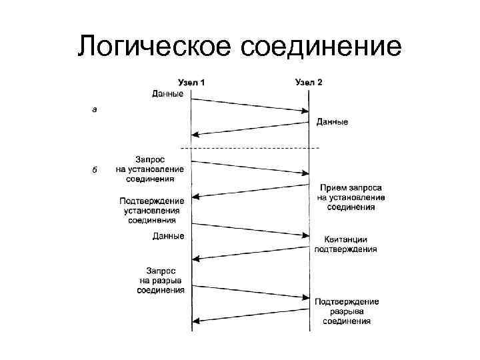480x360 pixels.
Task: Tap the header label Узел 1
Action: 191,83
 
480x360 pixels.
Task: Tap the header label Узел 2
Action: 309,83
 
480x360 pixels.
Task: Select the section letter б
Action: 94,169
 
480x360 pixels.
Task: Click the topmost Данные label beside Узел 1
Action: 168,94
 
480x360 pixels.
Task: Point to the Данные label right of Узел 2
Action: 331,122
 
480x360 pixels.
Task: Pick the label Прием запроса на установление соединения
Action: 351,197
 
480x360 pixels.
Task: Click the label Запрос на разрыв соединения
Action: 161,280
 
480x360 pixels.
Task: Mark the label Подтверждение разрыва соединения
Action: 347,311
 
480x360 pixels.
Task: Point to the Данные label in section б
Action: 168,236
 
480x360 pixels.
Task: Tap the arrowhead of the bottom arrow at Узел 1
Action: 195,321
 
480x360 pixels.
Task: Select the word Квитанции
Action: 346,239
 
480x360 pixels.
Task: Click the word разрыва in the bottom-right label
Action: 347,311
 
